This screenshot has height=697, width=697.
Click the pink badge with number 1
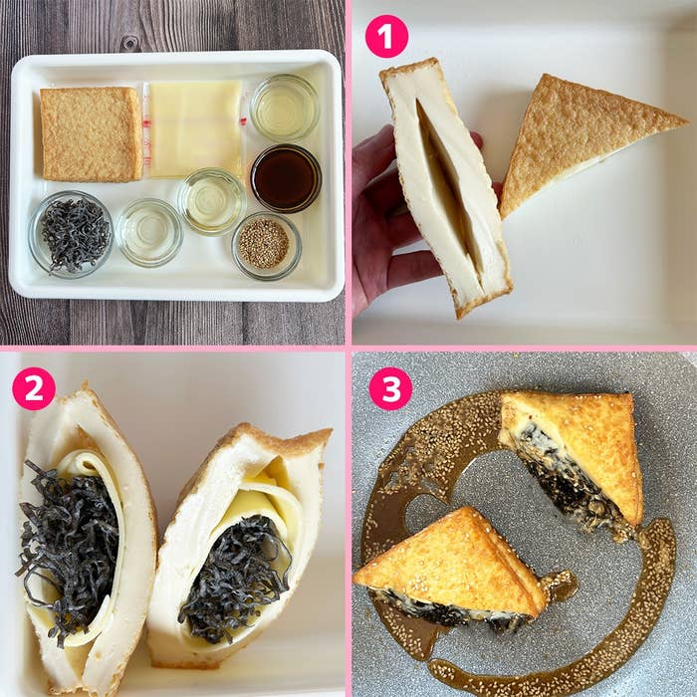(x=386, y=37)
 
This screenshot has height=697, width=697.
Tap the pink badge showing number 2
(x=34, y=388)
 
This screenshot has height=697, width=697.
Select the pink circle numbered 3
(x=390, y=388)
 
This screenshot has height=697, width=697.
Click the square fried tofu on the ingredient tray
(x=91, y=133)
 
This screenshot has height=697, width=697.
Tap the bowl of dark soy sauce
(x=285, y=178)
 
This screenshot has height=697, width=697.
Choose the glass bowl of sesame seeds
(x=266, y=244)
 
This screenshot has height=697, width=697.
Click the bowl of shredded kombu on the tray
(x=71, y=233)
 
